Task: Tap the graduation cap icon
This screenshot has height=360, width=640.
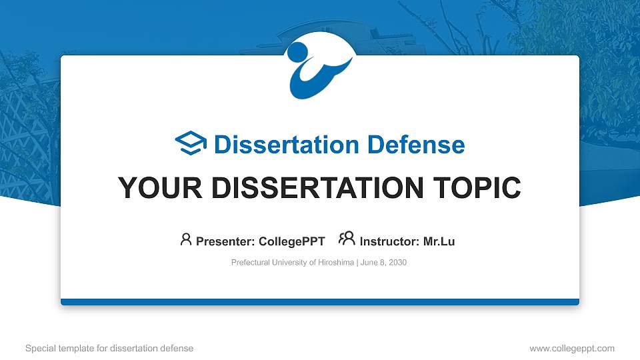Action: pyautogui.click(x=191, y=144)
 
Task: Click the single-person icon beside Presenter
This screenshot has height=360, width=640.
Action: pyautogui.click(x=186, y=240)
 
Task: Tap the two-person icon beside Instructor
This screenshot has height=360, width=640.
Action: pyautogui.click(x=347, y=239)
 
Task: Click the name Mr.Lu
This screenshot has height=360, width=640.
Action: pyautogui.click(x=439, y=241)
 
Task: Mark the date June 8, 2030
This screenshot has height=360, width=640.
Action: pyautogui.click(x=384, y=263)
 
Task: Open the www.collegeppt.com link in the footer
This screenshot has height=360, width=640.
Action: pyautogui.click(x=572, y=348)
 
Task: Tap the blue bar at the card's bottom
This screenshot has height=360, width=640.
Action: pyautogui.click(x=319, y=302)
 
